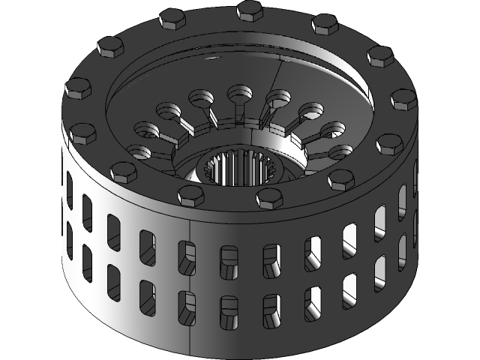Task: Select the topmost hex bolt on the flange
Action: click(x=248, y=10)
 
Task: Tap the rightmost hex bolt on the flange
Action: click(x=403, y=99)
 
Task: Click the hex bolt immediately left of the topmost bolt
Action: click(x=172, y=19)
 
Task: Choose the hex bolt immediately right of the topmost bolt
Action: click(x=324, y=24)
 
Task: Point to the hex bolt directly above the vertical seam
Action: click(x=190, y=195)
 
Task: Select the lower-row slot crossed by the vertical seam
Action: click(x=185, y=307)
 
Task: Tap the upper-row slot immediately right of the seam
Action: click(x=227, y=259)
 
